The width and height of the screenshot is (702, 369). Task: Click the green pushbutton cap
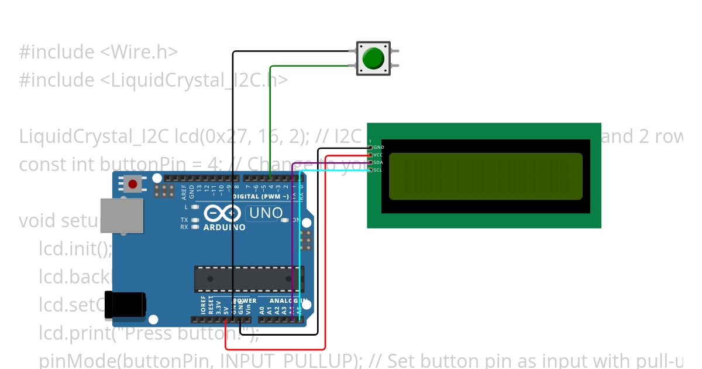pyautogui.click(x=373, y=58)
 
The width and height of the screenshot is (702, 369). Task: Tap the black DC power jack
pyautogui.click(x=124, y=305)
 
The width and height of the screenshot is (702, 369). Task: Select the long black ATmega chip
pyautogui.click(x=249, y=279)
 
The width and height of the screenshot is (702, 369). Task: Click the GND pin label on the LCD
pyautogui.click(x=378, y=147)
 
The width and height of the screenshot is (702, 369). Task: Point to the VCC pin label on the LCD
pyautogui.click(x=378, y=155)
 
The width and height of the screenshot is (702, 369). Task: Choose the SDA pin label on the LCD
pyautogui.click(x=378, y=162)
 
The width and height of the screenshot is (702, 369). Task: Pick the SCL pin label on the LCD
pyautogui.click(x=378, y=170)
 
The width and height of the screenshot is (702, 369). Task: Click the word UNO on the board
pyautogui.click(x=266, y=213)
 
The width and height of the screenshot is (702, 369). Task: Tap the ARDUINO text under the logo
pyautogui.click(x=224, y=227)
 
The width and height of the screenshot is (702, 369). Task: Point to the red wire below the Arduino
pyautogui.click(x=275, y=349)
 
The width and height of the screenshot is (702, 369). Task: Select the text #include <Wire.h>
pyautogui.click(x=98, y=52)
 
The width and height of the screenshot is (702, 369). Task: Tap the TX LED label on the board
pyautogui.click(x=184, y=220)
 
